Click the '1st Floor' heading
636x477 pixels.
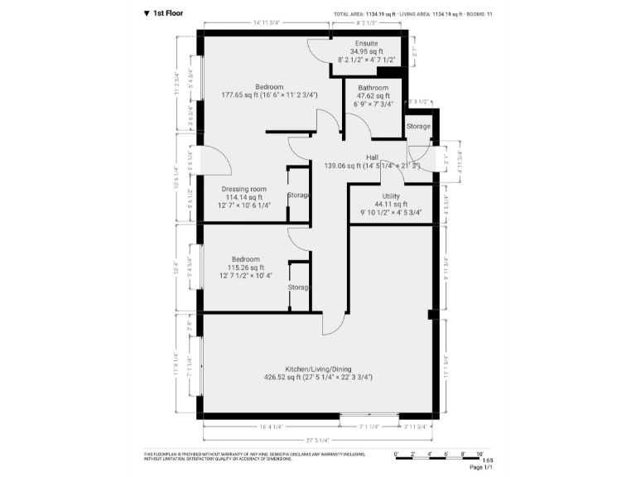click(x=169, y=13)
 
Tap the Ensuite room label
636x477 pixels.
click(x=366, y=42)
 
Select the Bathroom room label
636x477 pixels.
click(x=373, y=88)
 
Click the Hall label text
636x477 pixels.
click(x=373, y=157)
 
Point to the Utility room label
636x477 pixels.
click(x=390, y=195)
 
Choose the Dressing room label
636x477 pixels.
click(x=244, y=189)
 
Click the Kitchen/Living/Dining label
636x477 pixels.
click(x=317, y=368)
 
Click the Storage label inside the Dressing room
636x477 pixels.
click(x=298, y=195)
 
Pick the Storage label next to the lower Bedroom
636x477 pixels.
click(x=298, y=287)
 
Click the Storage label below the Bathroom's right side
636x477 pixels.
click(x=418, y=127)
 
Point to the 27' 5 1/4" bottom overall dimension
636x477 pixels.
click(x=317, y=440)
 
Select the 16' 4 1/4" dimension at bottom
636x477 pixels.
click(x=271, y=426)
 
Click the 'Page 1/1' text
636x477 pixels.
click(x=481, y=468)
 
